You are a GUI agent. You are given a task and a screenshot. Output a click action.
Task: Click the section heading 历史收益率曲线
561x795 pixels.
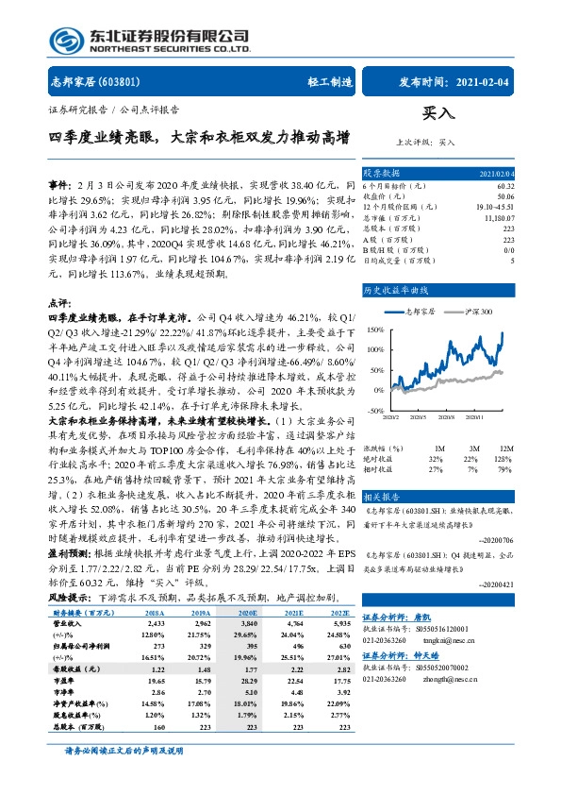tap(397, 290)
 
